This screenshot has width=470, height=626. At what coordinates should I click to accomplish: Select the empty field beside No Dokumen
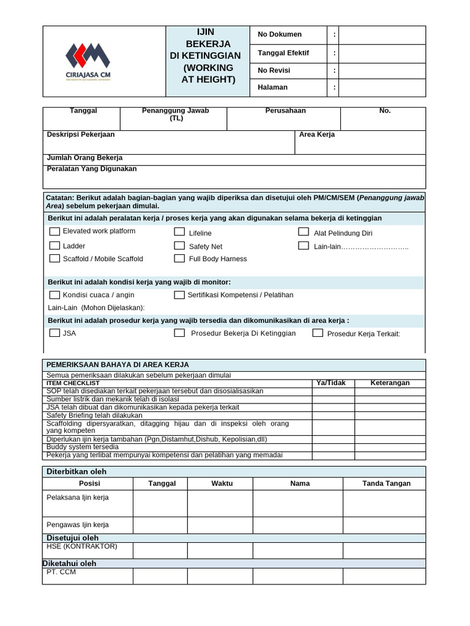382,35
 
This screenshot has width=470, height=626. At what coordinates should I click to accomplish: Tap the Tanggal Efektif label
283,53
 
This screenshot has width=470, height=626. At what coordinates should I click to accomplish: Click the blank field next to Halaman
382,87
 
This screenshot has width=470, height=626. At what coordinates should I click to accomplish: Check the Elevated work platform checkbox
54,232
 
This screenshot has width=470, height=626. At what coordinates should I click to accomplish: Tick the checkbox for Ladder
54,246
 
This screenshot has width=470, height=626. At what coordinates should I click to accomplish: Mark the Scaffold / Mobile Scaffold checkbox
54,259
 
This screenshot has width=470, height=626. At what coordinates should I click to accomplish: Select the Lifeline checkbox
179,232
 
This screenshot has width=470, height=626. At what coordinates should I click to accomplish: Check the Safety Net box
179,246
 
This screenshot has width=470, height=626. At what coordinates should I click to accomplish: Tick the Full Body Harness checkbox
179,259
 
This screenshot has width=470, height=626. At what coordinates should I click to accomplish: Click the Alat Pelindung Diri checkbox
304,232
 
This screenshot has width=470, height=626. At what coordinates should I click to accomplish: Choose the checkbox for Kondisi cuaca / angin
54,295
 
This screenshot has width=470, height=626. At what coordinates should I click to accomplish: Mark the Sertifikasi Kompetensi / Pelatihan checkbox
179,295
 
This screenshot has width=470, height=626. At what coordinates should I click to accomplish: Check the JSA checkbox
54,333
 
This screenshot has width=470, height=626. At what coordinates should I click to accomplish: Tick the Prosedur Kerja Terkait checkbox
318,333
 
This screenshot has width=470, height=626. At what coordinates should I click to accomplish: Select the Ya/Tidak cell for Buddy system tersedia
333,447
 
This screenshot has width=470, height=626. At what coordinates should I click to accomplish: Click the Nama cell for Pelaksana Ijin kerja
297,503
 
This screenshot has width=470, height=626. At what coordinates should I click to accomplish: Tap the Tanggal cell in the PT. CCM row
160,576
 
